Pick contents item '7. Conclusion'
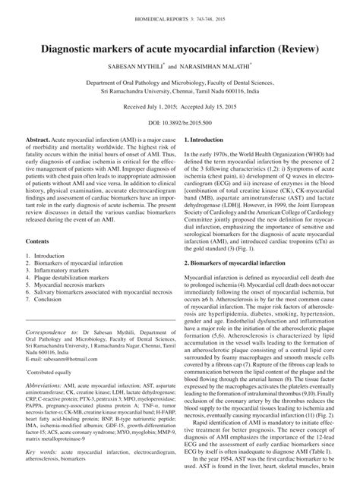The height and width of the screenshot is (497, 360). point(46,303)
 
